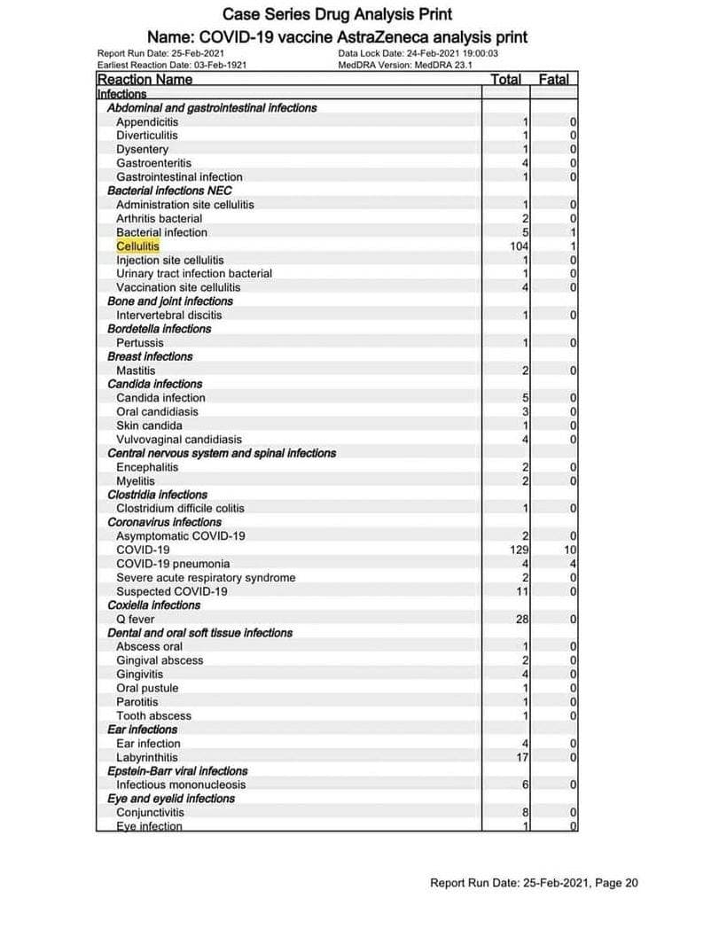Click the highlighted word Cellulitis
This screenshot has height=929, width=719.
click(x=137, y=246)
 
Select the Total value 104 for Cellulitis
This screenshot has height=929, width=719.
click(x=520, y=246)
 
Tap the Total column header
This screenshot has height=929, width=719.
click(x=505, y=80)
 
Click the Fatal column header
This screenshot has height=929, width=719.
click(x=554, y=80)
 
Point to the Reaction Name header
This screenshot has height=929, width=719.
click(x=145, y=80)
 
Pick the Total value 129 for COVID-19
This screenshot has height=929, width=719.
click(x=519, y=550)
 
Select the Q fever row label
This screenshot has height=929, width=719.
click(x=136, y=620)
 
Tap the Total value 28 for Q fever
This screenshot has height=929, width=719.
click(x=522, y=620)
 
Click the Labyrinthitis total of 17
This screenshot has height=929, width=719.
click(x=522, y=758)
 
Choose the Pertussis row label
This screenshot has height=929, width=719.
click(x=140, y=343)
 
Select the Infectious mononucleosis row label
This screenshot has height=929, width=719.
click(x=181, y=785)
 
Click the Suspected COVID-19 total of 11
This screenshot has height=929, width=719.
click(x=522, y=592)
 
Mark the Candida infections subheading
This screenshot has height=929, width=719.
click(x=154, y=385)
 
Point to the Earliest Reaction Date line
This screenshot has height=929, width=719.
click(x=172, y=65)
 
